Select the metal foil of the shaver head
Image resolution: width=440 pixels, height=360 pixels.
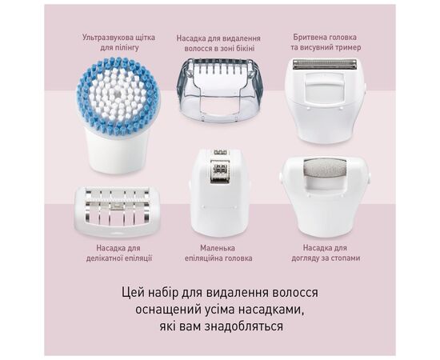click(x=324, y=64)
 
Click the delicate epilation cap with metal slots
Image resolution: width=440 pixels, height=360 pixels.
click(x=118, y=211)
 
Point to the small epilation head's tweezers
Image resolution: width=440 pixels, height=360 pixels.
click(x=220, y=169)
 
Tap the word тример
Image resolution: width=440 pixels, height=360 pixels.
click(x=348, y=47)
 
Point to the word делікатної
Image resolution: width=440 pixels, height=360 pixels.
click(x=102, y=258)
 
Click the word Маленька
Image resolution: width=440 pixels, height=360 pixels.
click(x=218, y=248)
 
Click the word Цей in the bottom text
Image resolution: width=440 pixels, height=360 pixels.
click(x=131, y=293)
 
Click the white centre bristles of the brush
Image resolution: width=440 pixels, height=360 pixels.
click(x=118, y=94)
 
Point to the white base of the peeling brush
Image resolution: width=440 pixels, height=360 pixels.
click(x=118, y=152)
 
